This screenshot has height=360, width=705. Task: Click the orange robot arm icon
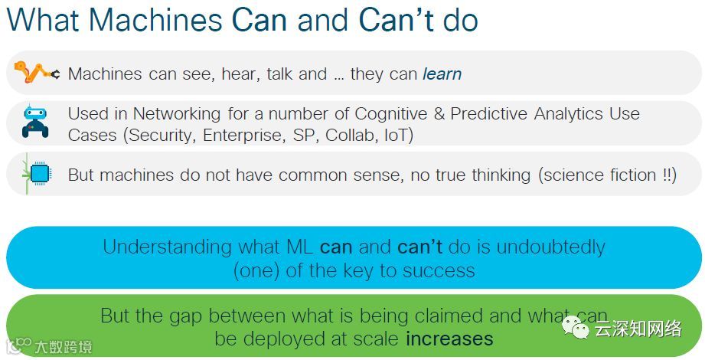click(37, 73)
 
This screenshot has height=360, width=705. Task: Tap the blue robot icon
click(35, 120)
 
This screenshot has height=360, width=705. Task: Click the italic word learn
click(442, 74)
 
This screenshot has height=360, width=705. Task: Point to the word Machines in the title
click(155, 19)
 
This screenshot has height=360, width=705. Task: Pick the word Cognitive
click(390, 114)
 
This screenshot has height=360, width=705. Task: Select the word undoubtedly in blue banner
click(551, 247)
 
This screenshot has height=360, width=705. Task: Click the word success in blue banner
click(439, 271)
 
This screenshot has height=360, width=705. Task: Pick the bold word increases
click(449, 339)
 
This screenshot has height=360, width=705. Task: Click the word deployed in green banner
click(284, 339)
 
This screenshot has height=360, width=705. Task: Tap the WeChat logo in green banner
click(575, 327)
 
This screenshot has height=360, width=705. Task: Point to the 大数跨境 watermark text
click(64, 348)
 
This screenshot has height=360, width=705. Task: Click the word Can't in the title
click(397, 19)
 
